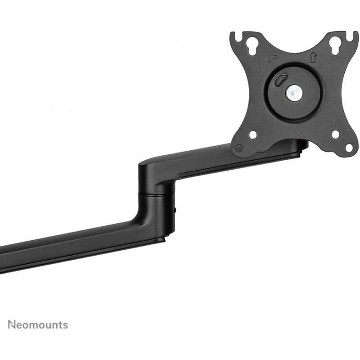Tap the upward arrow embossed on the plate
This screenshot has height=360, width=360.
pyautogui.click(x=312, y=58)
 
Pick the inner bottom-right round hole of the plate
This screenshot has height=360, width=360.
pyautogui.click(x=336, y=135)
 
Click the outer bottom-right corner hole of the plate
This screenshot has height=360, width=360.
pyautogui.click(x=349, y=148)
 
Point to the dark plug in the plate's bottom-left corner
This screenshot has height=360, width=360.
pyautogui.click(x=239, y=148)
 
